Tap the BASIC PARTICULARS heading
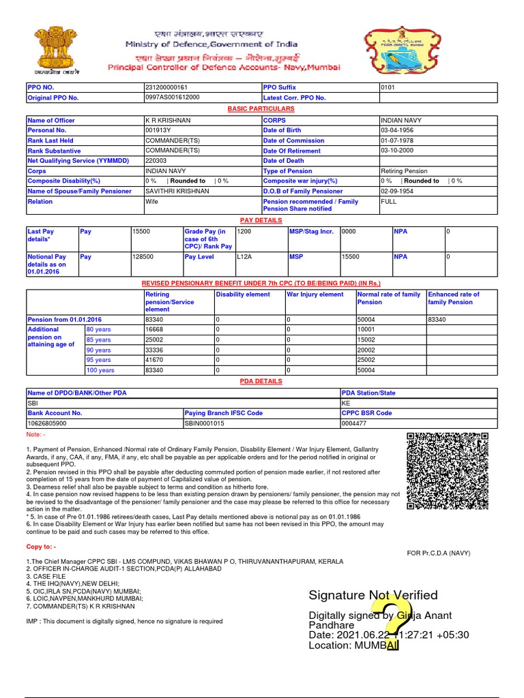(x=261, y=109)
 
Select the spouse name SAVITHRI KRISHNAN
(x=177, y=192)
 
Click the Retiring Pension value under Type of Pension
(x=405, y=171)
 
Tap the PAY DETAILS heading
(x=261, y=221)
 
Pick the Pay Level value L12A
(x=244, y=257)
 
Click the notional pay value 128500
(x=143, y=257)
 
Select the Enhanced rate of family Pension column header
(x=453, y=298)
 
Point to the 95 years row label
(x=98, y=360)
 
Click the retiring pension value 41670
(x=155, y=360)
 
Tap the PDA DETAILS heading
(x=261, y=382)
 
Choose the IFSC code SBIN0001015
(x=205, y=423)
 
